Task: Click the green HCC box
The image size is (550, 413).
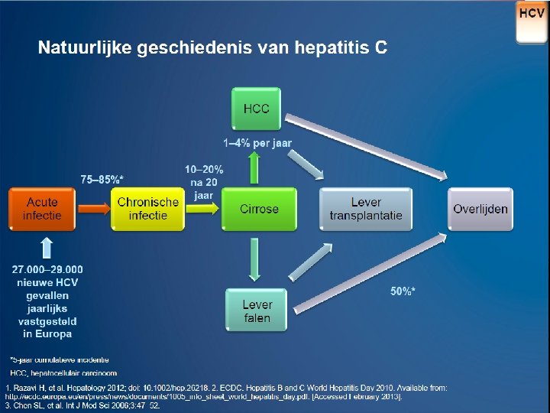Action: (256, 109)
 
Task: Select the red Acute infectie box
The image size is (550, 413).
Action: (41, 209)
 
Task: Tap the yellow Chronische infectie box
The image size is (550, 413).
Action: (148, 209)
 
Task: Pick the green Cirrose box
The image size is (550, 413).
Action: (259, 209)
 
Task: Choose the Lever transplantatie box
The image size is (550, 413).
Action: (366, 209)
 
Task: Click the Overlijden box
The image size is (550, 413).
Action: (480, 209)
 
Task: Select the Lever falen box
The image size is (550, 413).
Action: (257, 311)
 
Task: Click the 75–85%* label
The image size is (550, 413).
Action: (102, 179)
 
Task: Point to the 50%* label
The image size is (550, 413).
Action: (403, 291)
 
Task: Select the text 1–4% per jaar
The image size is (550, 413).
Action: (257, 143)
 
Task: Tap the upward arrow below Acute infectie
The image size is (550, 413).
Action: (47, 247)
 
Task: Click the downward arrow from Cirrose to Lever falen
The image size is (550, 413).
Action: (257, 260)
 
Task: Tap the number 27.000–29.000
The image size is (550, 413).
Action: (47, 269)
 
